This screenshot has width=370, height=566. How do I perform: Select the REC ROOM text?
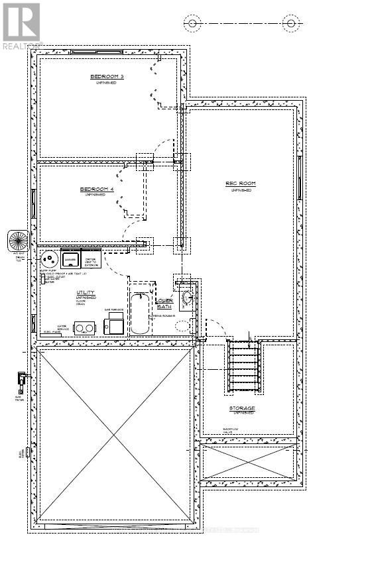tap(241, 184)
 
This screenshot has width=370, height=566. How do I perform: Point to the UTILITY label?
tap(85, 292)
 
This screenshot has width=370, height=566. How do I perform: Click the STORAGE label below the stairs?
tap(241, 408)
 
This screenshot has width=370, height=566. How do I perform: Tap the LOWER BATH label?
tap(164, 304)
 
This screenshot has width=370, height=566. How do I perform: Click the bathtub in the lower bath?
tap(140, 313)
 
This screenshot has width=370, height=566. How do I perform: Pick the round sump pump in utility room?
tap(48, 258)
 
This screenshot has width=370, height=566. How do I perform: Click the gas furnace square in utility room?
tap(114, 326)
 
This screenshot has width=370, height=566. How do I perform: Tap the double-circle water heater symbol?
tap(84, 327)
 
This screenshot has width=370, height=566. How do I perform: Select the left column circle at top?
tap(192, 23)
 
